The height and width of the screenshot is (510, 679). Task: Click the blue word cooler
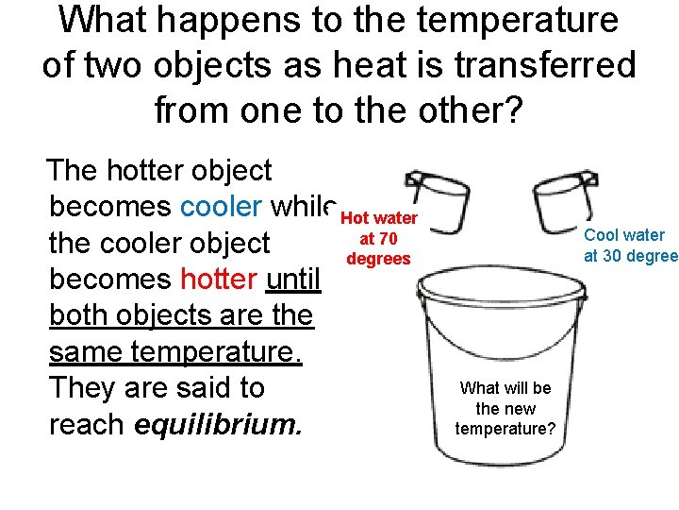[221, 207]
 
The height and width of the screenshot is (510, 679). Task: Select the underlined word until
[295, 280]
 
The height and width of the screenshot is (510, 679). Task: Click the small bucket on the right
[564, 199]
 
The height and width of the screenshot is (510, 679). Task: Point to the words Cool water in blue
[624, 235]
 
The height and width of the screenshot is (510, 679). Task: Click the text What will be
[505, 388]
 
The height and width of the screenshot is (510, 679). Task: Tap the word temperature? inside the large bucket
[505, 429]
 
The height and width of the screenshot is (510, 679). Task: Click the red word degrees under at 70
[379, 259]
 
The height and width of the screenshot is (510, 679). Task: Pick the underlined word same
[86, 352]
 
